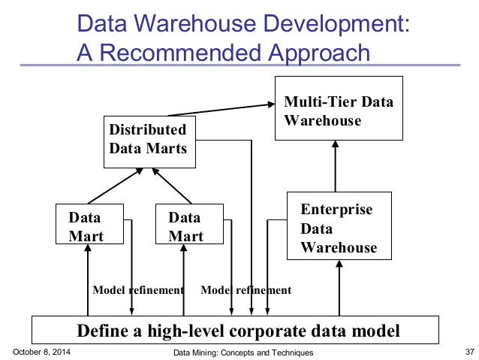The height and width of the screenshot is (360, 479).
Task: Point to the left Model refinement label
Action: [x=137, y=289]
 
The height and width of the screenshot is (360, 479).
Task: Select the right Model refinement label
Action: [x=246, y=289]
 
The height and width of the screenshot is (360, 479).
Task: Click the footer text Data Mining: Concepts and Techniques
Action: [x=243, y=352]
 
